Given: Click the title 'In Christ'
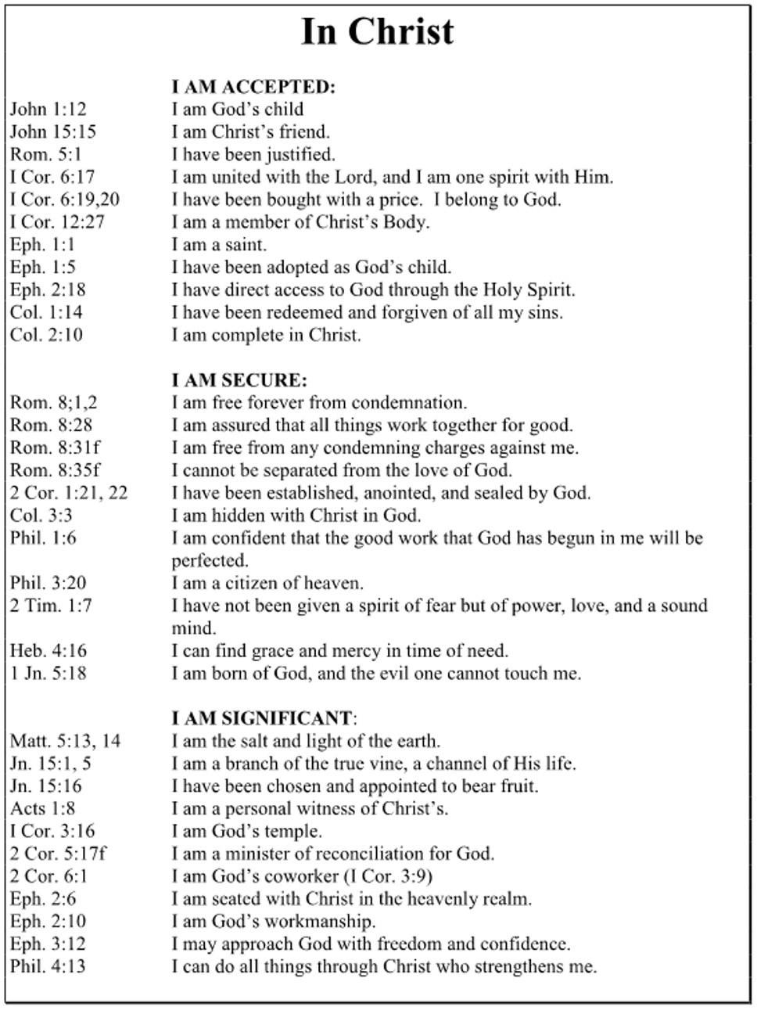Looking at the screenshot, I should click(377, 33).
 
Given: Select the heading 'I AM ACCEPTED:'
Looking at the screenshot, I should click(253, 87).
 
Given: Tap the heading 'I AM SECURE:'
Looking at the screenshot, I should click(239, 381).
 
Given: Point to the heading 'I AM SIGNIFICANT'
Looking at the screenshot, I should click(261, 718).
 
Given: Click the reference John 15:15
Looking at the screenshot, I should click(53, 132).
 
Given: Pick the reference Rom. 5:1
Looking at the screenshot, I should click(46, 155).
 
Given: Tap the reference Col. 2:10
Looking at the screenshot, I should click(46, 335).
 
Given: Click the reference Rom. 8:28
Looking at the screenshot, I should click(48, 426).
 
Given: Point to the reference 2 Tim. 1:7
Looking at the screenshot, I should click(51, 606).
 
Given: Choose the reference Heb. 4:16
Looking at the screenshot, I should click(48, 651).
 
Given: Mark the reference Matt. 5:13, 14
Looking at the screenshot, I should click(66, 741).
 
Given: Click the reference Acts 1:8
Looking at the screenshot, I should click(43, 808).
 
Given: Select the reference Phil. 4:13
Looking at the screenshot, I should click(48, 966).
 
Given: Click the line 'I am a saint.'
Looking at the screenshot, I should click(219, 245).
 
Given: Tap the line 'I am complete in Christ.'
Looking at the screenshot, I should click(267, 335).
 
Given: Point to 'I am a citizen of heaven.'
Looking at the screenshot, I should click(267, 584).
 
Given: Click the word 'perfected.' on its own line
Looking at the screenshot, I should click(210, 561).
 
